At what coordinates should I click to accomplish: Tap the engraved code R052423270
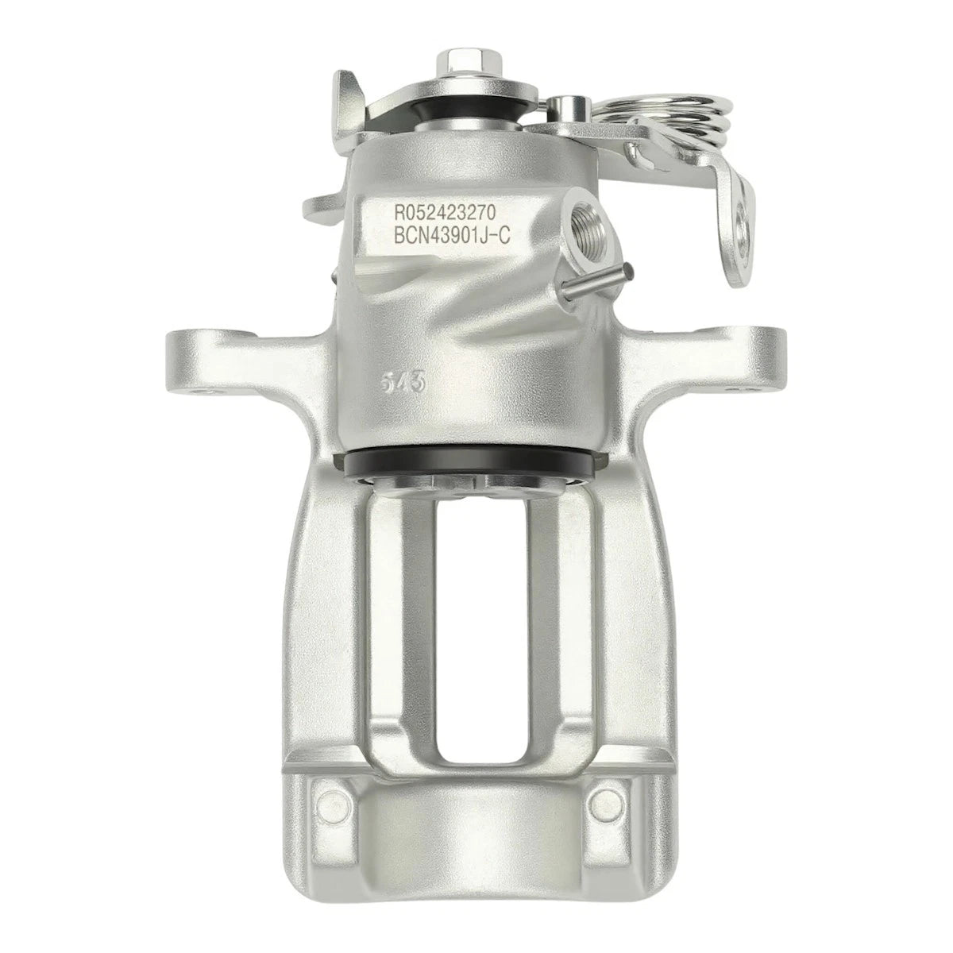pos(444,213)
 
